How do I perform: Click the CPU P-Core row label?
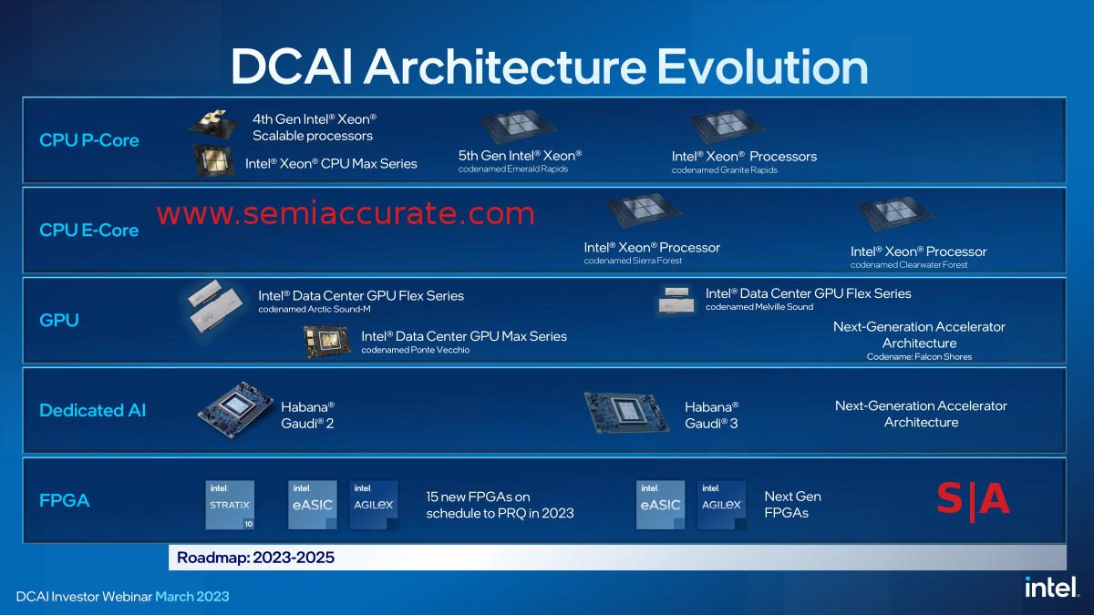click(89, 140)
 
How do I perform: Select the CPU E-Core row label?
click(89, 231)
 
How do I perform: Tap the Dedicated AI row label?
click(92, 411)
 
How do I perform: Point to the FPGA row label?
click(64, 501)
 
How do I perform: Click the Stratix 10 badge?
click(230, 505)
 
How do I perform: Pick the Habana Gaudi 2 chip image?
click(235, 409)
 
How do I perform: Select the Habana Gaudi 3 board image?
click(626, 413)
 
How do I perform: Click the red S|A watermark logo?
click(973, 500)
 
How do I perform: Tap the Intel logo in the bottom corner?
click(1051, 587)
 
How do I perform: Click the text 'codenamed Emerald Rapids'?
click(512, 169)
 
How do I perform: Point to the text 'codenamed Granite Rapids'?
click(724, 169)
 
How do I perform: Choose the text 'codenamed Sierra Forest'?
click(633, 261)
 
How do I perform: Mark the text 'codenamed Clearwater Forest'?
click(909, 264)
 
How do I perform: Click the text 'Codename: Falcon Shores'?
click(919, 357)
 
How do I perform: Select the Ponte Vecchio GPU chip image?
click(327, 342)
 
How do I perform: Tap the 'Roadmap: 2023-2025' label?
click(255, 558)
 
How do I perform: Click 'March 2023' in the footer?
click(192, 597)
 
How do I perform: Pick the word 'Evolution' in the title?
click(762, 67)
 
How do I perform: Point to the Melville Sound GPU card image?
click(676, 300)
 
